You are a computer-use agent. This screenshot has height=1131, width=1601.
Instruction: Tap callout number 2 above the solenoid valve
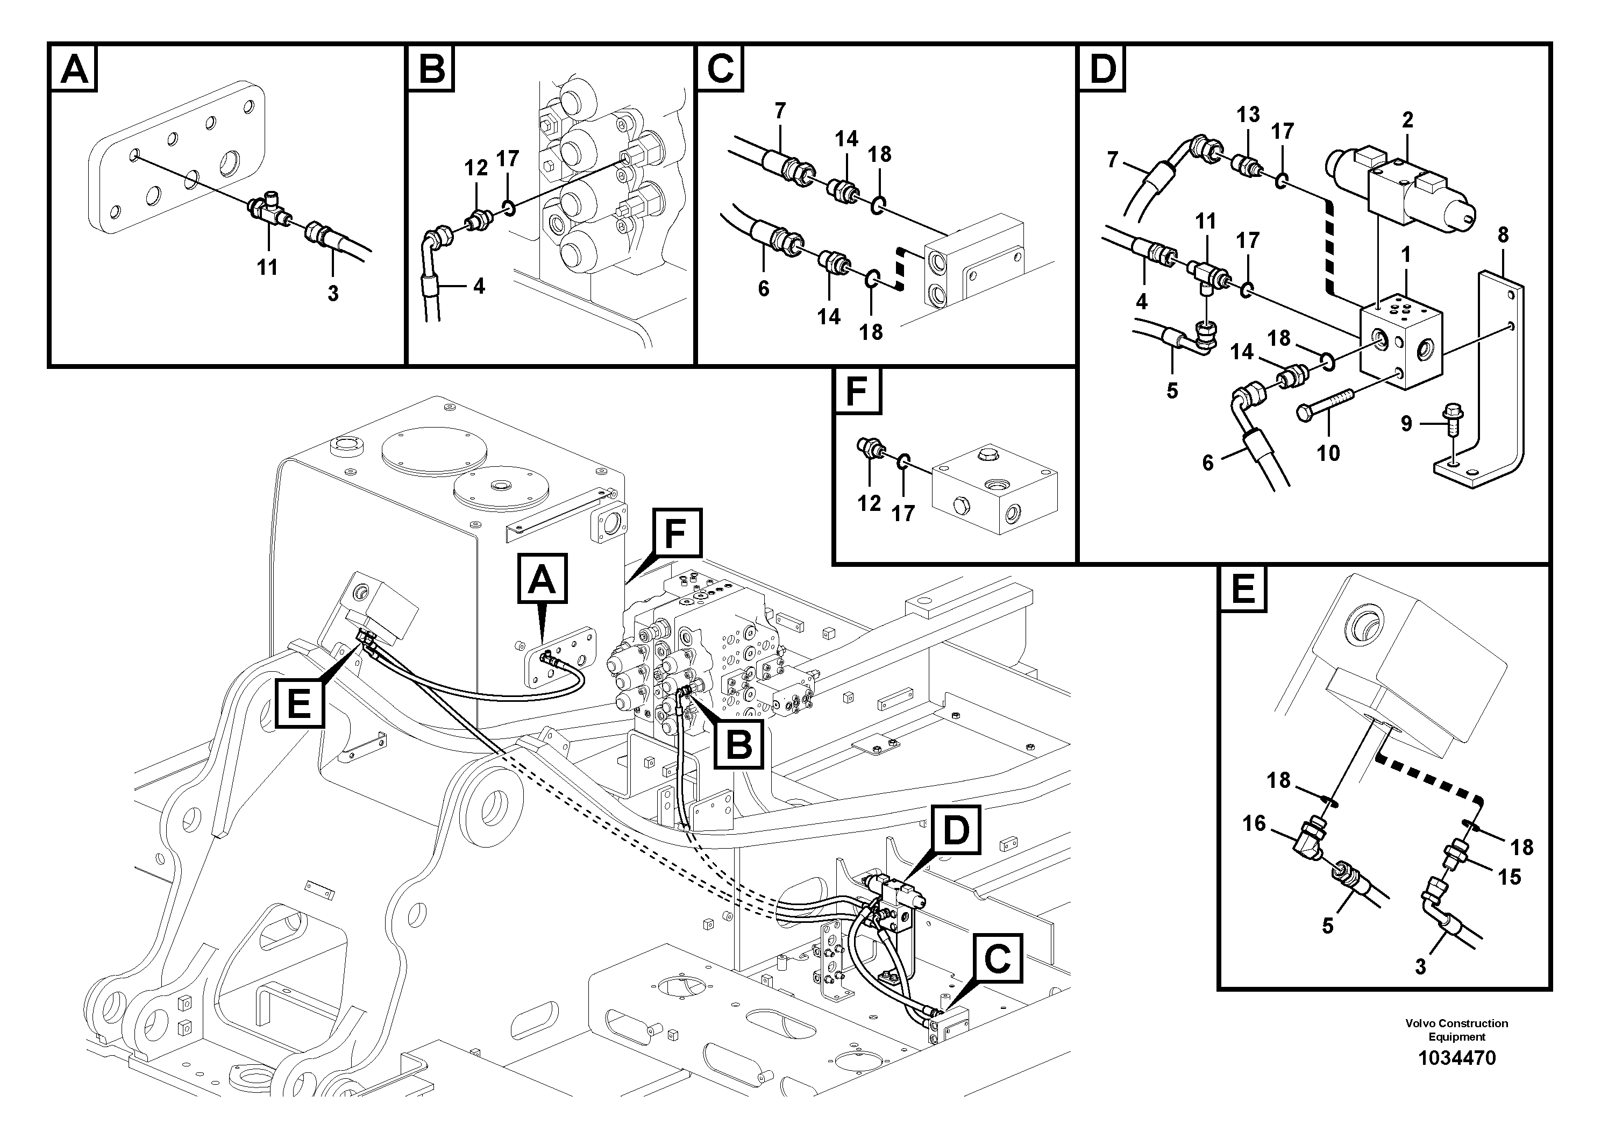[1407, 120]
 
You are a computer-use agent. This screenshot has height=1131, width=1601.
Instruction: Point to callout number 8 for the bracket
[1503, 235]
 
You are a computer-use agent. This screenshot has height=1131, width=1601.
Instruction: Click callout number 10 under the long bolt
[1328, 453]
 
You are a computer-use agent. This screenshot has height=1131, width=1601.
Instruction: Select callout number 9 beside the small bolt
[1406, 423]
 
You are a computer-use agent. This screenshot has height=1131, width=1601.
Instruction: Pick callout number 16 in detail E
[1253, 823]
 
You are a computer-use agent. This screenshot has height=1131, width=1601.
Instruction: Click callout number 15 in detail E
[1509, 877]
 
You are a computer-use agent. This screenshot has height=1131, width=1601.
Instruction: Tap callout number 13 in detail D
[1248, 115]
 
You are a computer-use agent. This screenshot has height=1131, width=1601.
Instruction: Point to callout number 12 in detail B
[476, 168]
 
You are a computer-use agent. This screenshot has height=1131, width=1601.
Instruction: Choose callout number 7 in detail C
[780, 110]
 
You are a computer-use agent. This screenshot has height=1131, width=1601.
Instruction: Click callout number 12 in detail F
[869, 503]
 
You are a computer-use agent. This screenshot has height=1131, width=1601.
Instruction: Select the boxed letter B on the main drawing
[738, 744]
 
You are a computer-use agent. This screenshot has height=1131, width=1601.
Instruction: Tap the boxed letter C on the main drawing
[997, 959]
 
